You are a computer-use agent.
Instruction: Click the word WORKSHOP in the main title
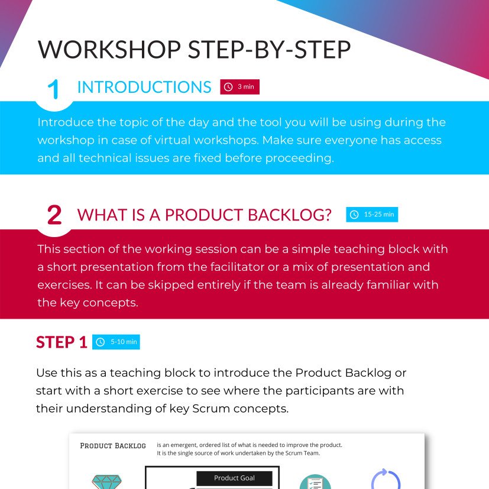click(x=109, y=49)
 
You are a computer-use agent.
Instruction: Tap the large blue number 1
click(x=53, y=89)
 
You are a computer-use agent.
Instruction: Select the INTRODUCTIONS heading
click(x=144, y=87)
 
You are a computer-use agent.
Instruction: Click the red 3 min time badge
click(x=240, y=87)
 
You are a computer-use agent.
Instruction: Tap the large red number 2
click(x=54, y=215)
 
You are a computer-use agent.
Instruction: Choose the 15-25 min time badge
click(x=372, y=215)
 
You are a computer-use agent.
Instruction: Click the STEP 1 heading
click(x=61, y=342)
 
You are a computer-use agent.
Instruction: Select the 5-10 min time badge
click(x=116, y=342)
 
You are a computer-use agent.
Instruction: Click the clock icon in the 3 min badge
click(x=228, y=87)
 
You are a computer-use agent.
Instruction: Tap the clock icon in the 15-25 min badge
click(x=354, y=215)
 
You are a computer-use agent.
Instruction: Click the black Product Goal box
click(x=234, y=478)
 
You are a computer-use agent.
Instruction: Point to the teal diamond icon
click(x=106, y=482)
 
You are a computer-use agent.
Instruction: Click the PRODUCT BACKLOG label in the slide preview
click(x=113, y=446)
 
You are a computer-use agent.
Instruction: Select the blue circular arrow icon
click(x=386, y=480)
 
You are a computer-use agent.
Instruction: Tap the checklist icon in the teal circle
click(x=315, y=482)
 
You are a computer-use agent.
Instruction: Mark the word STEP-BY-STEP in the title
click(x=270, y=49)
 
